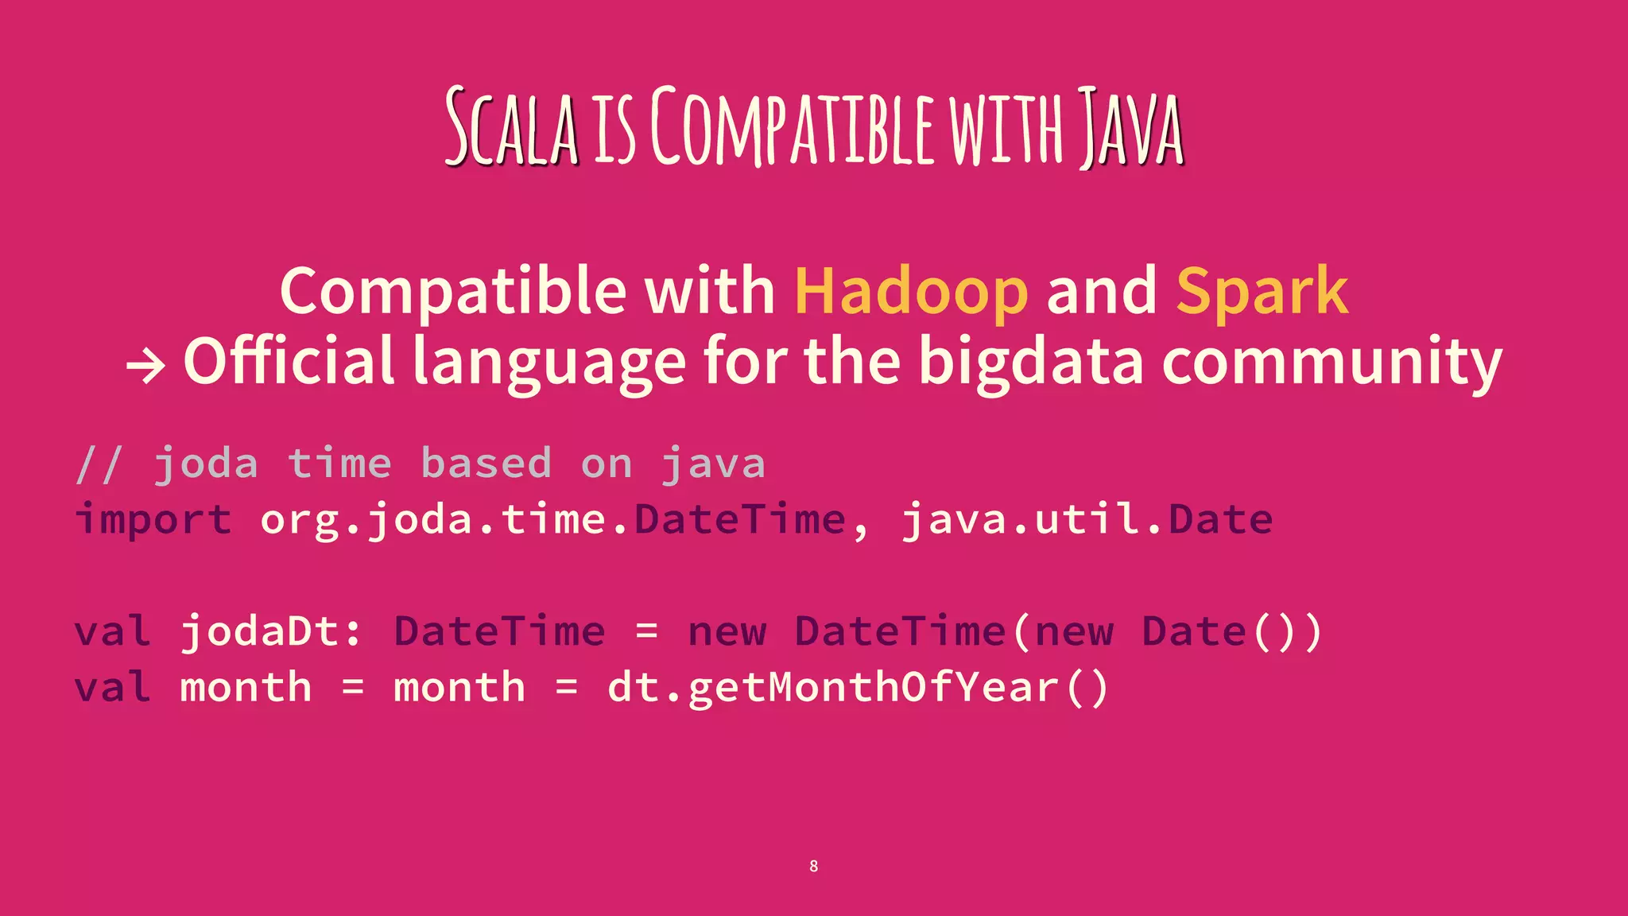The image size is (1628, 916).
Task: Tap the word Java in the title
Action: click(x=1130, y=129)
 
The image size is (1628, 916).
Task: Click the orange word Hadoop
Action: click(x=911, y=292)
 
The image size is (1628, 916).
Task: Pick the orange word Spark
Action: click(x=1262, y=292)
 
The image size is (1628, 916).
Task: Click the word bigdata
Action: click(x=1031, y=362)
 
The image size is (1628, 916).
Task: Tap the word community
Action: click(x=1331, y=362)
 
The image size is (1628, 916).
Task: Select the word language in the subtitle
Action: click(x=549, y=362)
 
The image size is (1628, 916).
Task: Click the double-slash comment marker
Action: click(x=99, y=464)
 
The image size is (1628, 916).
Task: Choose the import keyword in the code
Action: click(x=153, y=520)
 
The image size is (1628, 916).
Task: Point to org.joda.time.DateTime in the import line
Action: click(x=553, y=520)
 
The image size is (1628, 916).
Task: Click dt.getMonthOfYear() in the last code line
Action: click(x=858, y=688)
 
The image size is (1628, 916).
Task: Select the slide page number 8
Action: click(x=813, y=866)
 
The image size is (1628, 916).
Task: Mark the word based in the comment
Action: click(x=486, y=464)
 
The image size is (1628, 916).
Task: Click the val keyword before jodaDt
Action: click(x=112, y=632)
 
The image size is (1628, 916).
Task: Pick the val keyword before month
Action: click(x=112, y=688)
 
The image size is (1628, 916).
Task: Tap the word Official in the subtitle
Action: click(x=289, y=362)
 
